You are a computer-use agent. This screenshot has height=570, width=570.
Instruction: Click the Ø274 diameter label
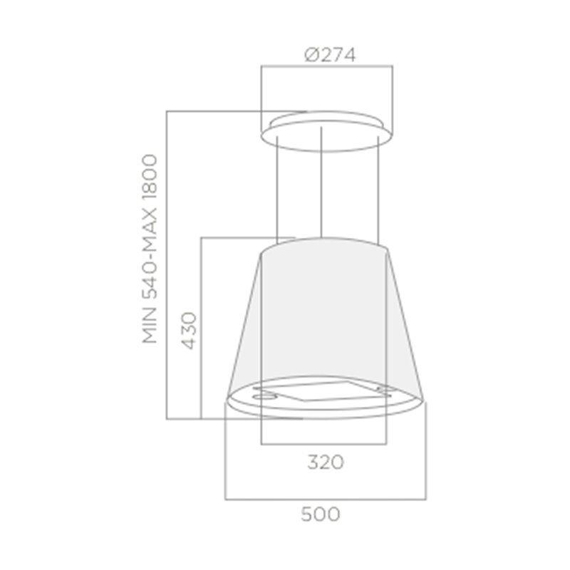330,55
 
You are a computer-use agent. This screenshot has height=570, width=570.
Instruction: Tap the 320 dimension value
326,462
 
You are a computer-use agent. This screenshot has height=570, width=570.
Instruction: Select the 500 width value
321,514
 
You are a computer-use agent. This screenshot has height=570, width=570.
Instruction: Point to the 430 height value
189,330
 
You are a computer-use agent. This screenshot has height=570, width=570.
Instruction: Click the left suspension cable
277,190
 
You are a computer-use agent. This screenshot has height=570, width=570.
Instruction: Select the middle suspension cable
321,182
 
